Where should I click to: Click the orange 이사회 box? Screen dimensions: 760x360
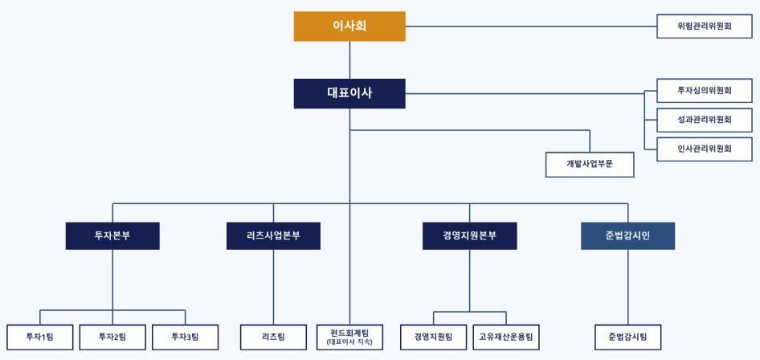click(349, 27)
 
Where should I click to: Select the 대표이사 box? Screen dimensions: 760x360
click(349, 93)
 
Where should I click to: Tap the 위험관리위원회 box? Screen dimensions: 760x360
click(705, 27)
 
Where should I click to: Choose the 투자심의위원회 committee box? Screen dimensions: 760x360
click(705, 91)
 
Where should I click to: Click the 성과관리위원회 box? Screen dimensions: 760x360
click(705, 120)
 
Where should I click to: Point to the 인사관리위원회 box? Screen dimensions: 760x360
click(705, 149)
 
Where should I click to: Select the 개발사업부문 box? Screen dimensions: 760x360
click(590, 165)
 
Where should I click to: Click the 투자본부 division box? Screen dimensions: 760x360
click(112, 236)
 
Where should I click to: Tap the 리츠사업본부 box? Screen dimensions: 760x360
click(273, 236)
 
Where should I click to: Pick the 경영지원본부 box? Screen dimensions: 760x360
click(470, 236)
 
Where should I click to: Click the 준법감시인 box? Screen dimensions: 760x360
click(627, 236)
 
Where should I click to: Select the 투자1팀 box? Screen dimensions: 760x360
click(40, 337)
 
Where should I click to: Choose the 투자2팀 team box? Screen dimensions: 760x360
click(112, 337)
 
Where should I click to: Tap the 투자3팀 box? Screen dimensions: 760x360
click(185, 337)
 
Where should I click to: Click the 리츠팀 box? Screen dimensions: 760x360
click(273, 337)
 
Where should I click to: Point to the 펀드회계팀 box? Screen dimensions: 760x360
click(349, 337)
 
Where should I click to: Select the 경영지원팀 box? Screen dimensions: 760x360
click(433, 337)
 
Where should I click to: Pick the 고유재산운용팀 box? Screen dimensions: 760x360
click(506, 337)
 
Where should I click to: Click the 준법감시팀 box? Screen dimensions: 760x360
click(627, 337)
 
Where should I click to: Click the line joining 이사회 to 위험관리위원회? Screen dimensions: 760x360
click(531, 27)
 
